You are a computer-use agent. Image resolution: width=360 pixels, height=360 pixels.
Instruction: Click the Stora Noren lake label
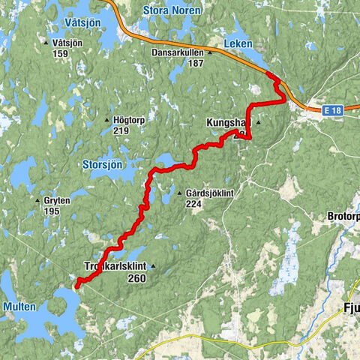click(x=168, y=10)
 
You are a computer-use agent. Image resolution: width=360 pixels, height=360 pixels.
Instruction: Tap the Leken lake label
click(x=240, y=43)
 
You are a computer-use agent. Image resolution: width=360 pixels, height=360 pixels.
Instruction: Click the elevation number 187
click(x=196, y=64)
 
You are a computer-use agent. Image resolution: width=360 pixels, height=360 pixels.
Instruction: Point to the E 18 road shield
click(x=334, y=110)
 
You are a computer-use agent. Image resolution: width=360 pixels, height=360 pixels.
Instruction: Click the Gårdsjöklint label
click(x=210, y=193)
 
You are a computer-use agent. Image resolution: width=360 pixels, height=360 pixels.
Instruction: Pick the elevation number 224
click(x=195, y=203)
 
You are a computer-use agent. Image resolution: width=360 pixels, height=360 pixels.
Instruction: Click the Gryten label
click(x=57, y=201)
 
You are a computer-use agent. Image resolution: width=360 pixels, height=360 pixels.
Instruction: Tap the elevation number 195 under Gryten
click(x=52, y=211)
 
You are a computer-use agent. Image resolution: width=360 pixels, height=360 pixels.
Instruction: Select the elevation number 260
click(x=136, y=277)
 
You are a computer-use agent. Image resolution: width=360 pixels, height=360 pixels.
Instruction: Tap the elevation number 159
click(x=61, y=53)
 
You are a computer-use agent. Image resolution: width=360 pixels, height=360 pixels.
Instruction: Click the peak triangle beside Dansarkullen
click(x=211, y=53)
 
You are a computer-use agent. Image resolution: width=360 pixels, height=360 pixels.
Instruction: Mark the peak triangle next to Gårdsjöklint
click(x=178, y=193)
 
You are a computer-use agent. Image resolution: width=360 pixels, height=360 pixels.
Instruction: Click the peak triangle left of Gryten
click(x=37, y=201)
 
